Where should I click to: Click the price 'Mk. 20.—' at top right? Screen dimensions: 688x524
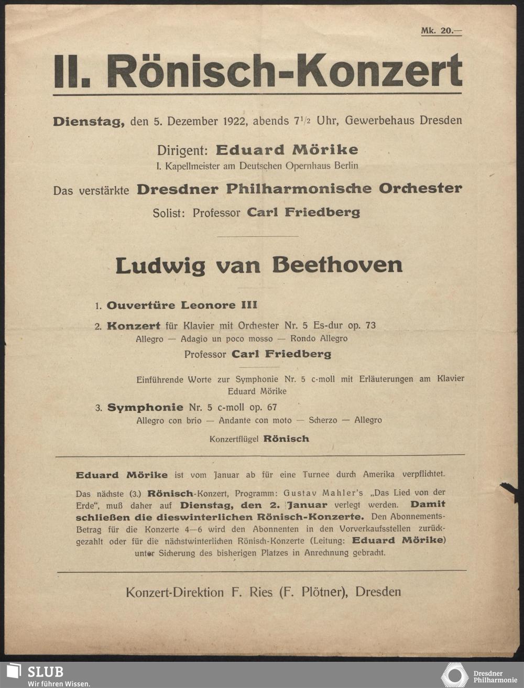click(x=441, y=31)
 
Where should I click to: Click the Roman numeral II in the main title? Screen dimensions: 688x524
click(x=68, y=71)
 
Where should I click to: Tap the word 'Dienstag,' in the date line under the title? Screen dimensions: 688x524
click(x=89, y=122)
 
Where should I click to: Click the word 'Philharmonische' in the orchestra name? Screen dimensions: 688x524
click(x=298, y=189)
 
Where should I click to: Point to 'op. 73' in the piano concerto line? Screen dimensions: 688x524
click(x=362, y=325)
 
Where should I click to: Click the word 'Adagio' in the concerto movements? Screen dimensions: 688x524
click(x=194, y=339)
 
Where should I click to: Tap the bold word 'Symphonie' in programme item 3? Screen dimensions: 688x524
click(x=145, y=407)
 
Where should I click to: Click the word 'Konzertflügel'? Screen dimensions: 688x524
click(x=234, y=439)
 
